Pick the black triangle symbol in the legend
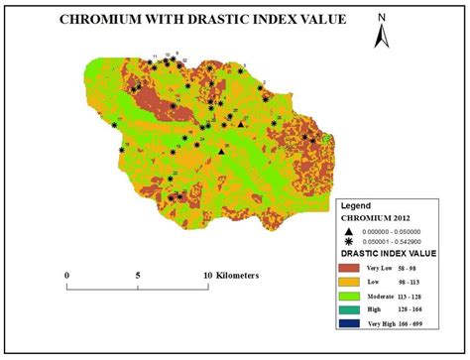click(349, 230)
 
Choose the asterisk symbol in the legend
click(349, 241)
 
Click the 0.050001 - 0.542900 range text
click(397, 241)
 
